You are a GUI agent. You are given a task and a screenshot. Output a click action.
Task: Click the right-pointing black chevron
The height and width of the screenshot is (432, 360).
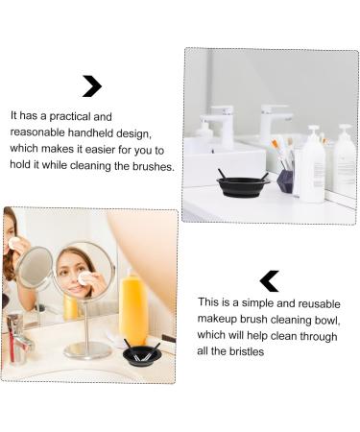[92, 86]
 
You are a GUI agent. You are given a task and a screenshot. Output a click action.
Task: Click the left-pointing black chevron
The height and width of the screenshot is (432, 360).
[270, 280]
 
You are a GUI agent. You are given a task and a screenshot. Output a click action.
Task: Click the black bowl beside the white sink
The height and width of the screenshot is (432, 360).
[242, 185]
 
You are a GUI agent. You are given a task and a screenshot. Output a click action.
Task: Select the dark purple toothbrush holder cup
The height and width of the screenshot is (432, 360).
[285, 180]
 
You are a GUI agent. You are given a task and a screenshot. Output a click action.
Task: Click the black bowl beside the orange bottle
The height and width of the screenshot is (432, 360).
[141, 355]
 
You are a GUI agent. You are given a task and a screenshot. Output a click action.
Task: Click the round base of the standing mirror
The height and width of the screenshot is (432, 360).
[88, 350]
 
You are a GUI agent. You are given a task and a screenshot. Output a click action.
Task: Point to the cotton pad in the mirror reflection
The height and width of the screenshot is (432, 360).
[84, 278]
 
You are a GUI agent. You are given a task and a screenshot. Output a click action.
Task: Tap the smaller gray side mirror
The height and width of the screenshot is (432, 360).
[35, 268]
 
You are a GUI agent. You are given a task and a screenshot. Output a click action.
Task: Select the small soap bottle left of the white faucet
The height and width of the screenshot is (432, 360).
[203, 132]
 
